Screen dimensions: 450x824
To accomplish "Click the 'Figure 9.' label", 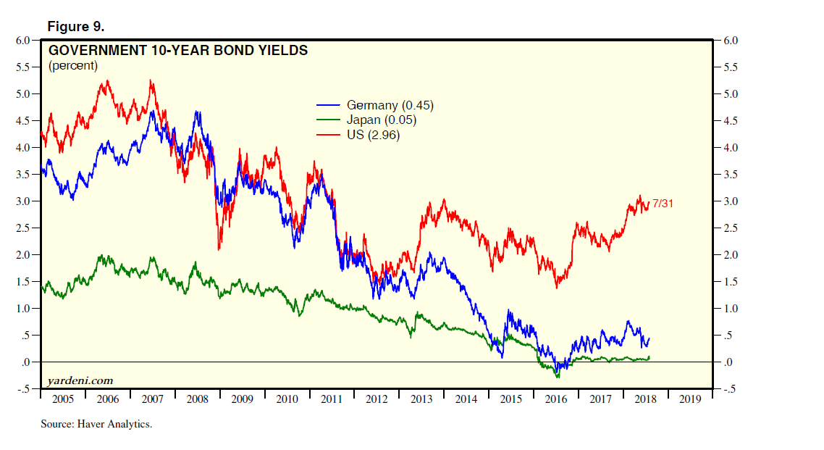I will [x=75, y=27].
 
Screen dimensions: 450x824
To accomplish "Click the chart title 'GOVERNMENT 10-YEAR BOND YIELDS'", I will [x=177, y=51].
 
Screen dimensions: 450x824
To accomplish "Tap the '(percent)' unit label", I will [x=72, y=66].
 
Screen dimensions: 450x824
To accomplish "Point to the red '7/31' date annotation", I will [x=663, y=204].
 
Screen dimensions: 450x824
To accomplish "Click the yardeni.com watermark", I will [x=80, y=380].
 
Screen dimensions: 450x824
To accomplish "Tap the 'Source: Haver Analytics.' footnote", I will [x=96, y=424].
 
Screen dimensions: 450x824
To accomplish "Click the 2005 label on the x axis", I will [x=63, y=399].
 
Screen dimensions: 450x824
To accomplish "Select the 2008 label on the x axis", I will [x=197, y=399].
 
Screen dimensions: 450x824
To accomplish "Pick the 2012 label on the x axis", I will [x=377, y=399].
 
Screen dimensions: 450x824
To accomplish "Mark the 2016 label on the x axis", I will [x=555, y=399].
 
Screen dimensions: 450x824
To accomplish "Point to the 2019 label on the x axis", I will [x=690, y=399].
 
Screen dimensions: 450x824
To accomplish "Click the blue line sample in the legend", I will [x=329, y=105].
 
